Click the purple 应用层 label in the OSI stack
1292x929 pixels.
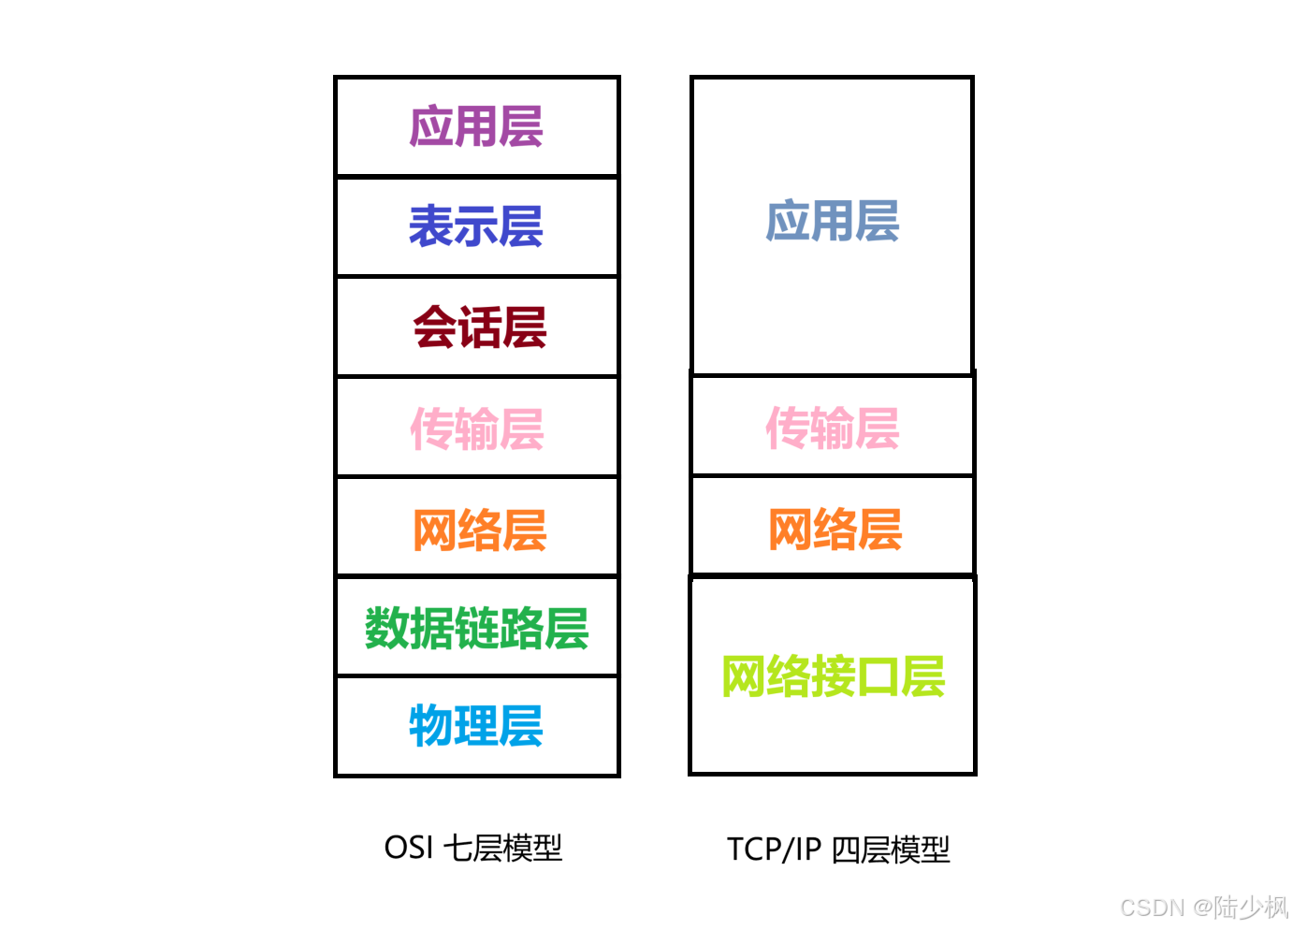tap(476, 127)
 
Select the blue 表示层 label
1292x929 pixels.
tap(476, 226)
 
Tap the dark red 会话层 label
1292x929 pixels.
tap(479, 327)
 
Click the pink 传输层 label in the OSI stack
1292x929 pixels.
tap(477, 429)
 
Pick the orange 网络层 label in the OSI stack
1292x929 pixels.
tap(479, 530)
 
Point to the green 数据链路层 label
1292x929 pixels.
tap(476, 629)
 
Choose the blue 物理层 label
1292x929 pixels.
tap(476, 726)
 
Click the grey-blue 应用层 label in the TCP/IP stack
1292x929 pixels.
tap(832, 222)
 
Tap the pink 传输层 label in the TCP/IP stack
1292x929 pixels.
tap(832, 428)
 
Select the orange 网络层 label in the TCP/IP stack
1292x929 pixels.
tap(835, 530)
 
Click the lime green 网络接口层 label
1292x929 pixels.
tap(833, 676)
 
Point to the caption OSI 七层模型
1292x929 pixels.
tap(473, 848)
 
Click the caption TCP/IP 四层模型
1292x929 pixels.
tap(838, 849)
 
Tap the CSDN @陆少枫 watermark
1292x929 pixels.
tap(1203, 907)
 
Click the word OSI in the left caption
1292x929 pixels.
tap(409, 848)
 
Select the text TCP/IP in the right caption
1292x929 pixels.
tap(774, 849)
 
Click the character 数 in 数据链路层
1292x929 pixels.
tap(386, 629)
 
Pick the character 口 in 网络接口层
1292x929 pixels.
tap(878, 676)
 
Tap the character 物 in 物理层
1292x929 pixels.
tap(431, 726)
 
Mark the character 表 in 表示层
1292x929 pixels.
tap(431, 226)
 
